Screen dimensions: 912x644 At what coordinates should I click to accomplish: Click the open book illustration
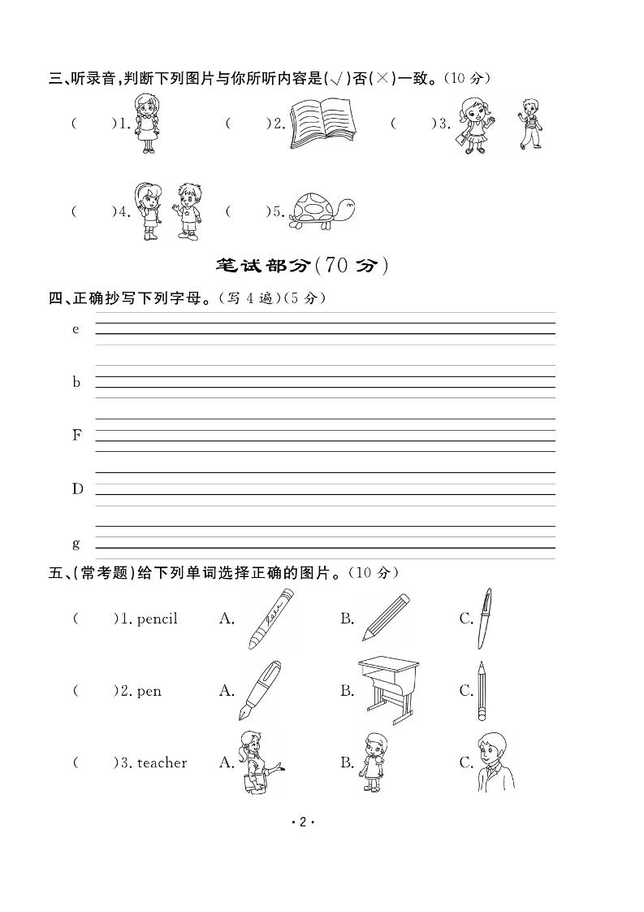pos(325,124)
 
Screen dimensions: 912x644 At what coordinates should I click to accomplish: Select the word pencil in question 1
pos(158,619)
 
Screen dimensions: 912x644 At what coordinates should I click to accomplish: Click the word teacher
pos(162,763)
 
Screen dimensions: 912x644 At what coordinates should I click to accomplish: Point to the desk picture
pos(390,690)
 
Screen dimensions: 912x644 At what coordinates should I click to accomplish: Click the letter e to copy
pos(76,329)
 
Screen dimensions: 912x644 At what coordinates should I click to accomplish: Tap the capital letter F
pos(77,435)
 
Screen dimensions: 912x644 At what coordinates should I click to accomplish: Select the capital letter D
pos(77,489)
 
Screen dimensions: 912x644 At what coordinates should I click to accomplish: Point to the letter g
pos(76,543)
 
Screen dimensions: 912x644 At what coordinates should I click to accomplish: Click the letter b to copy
pos(77,382)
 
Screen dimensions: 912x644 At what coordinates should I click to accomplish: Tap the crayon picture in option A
pos(270,619)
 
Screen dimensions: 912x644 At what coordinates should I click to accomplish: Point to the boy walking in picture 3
pos(529,124)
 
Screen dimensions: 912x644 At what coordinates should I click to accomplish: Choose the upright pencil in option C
pos(482,690)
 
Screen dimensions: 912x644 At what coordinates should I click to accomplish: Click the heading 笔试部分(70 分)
pos(302,265)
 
